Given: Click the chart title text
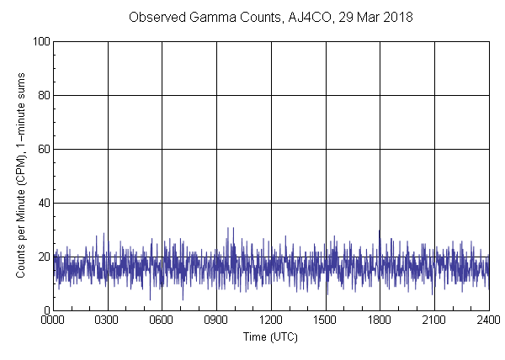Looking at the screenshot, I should click(x=270, y=17).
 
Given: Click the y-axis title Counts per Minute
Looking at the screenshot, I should click(x=19, y=177).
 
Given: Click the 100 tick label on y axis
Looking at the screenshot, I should click(x=40, y=41).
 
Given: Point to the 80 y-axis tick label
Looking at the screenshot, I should click(x=42, y=95).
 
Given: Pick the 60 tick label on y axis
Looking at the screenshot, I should click(x=42, y=149).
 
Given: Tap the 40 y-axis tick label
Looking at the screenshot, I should click(x=42, y=203).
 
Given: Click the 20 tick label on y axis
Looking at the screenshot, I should click(x=42, y=257).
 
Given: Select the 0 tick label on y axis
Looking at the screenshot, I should click(x=45, y=310).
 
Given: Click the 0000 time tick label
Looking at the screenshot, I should click(x=53, y=320).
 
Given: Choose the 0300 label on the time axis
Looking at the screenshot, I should click(x=108, y=320).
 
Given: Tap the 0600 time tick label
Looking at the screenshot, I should click(x=162, y=320).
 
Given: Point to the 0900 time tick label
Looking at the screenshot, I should click(x=216, y=320).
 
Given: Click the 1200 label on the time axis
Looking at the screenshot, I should click(x=271, y=320).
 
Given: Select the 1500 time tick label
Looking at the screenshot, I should click(x=325, y=320).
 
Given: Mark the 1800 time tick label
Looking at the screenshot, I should click(x=380, y=320).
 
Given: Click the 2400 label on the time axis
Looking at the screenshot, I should click(x=488, y=320).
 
